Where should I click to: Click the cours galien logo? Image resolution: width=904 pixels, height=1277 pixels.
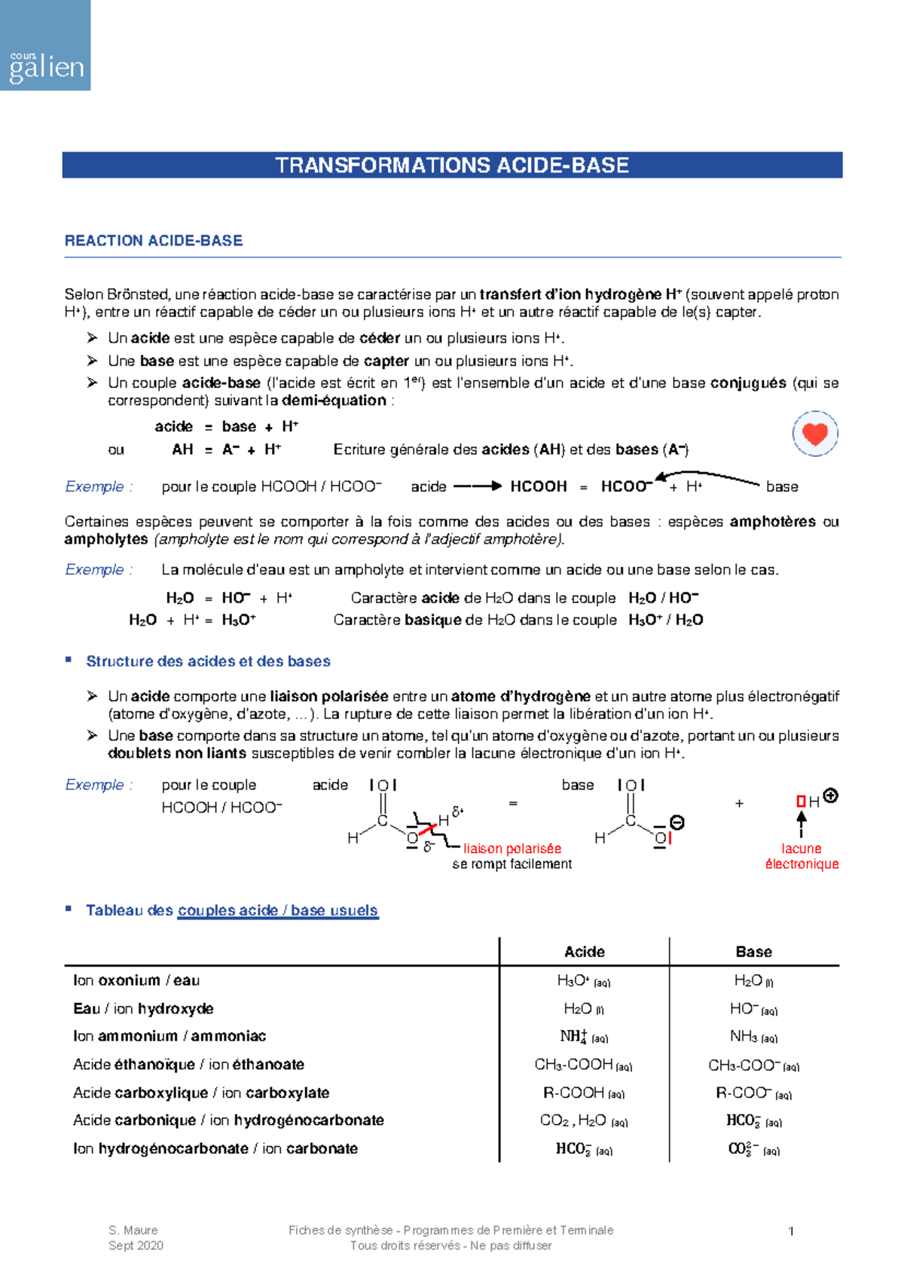click(45, 45)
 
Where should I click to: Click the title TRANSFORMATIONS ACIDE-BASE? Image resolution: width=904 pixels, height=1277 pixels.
click(452, 166)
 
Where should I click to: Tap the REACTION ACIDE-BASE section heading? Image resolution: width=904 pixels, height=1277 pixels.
click(154, 241)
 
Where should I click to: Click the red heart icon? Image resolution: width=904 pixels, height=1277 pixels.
click(814, 434)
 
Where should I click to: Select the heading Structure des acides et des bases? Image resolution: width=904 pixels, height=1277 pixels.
click(208, 661)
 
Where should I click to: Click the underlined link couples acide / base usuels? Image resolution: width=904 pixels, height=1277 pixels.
click(278, 910)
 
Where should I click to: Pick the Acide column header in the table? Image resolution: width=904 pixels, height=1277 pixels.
click(585, 952)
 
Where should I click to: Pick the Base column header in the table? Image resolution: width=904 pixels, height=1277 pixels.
click(753, 952)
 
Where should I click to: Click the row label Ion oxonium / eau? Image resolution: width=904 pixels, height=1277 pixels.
click(136, 980)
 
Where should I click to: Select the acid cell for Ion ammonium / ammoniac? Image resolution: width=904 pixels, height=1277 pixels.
click(583, 1037)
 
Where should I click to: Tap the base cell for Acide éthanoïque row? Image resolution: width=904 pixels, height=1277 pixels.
click(753, 1065)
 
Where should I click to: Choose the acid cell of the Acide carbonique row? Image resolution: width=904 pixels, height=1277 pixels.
click(583, 1121)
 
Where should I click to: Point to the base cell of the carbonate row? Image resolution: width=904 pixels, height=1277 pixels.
click(753, 1149)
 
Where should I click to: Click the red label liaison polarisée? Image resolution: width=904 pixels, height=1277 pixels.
click(512, 849)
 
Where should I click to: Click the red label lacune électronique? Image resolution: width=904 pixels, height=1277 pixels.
click(802, 856)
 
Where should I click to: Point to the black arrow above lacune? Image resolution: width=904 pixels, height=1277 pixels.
click(802, 823)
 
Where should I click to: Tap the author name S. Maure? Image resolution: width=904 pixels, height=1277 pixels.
click(133, 1230)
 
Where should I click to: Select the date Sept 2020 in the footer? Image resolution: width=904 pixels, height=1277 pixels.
click(136, 1246)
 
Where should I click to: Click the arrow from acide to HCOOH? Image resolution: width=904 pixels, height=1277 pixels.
click(478, 486)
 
